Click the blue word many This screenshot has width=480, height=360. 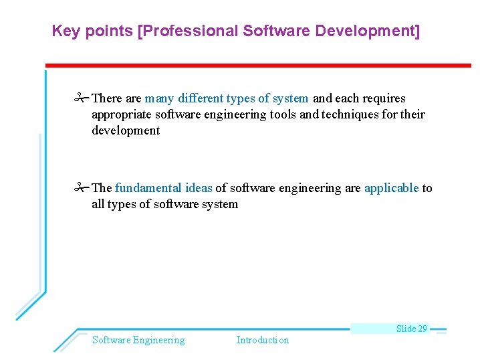pyautogui.click(x=159, y=98)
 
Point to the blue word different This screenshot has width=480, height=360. pyautogui.click(x=200, y=98)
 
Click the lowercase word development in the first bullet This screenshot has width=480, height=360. pyautogui.click(x=126, y=130)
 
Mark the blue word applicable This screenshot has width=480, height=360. pyautogui.click(x=391, y=188)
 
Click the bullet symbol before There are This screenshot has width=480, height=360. pyautogui.click(x=82, y=98)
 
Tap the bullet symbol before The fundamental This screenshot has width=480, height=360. pyautogui.click(x=82, y=188)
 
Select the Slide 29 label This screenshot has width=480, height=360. pyautogui.click(x=411, y=329)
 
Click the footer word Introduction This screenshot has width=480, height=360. pyautogui.click(x=263, y=340)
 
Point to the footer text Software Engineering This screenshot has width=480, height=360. pyautogui.click(x=138, y=340)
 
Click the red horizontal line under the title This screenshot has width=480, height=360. pyautogui.click(x=257, y=66)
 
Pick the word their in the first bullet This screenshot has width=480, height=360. pyautogui.click(x=412, y=114)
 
